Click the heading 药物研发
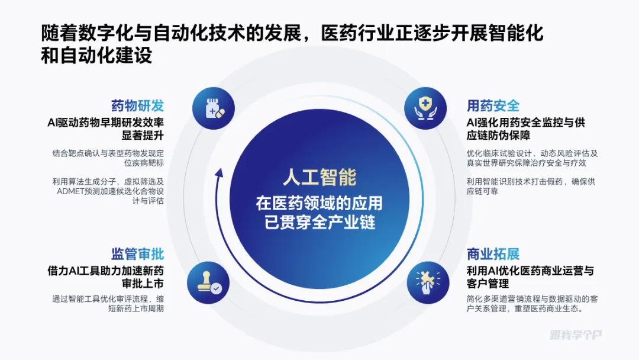(137, 106)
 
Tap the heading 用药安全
(493, 106)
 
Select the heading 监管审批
(137, 254)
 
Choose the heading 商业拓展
(493, 254)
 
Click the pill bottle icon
(214, 108)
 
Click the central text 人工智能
(319, 178)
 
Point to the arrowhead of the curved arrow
(219, 172)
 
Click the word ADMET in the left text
(70, 191)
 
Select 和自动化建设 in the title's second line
(97, 55)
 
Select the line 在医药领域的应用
(319, 203)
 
